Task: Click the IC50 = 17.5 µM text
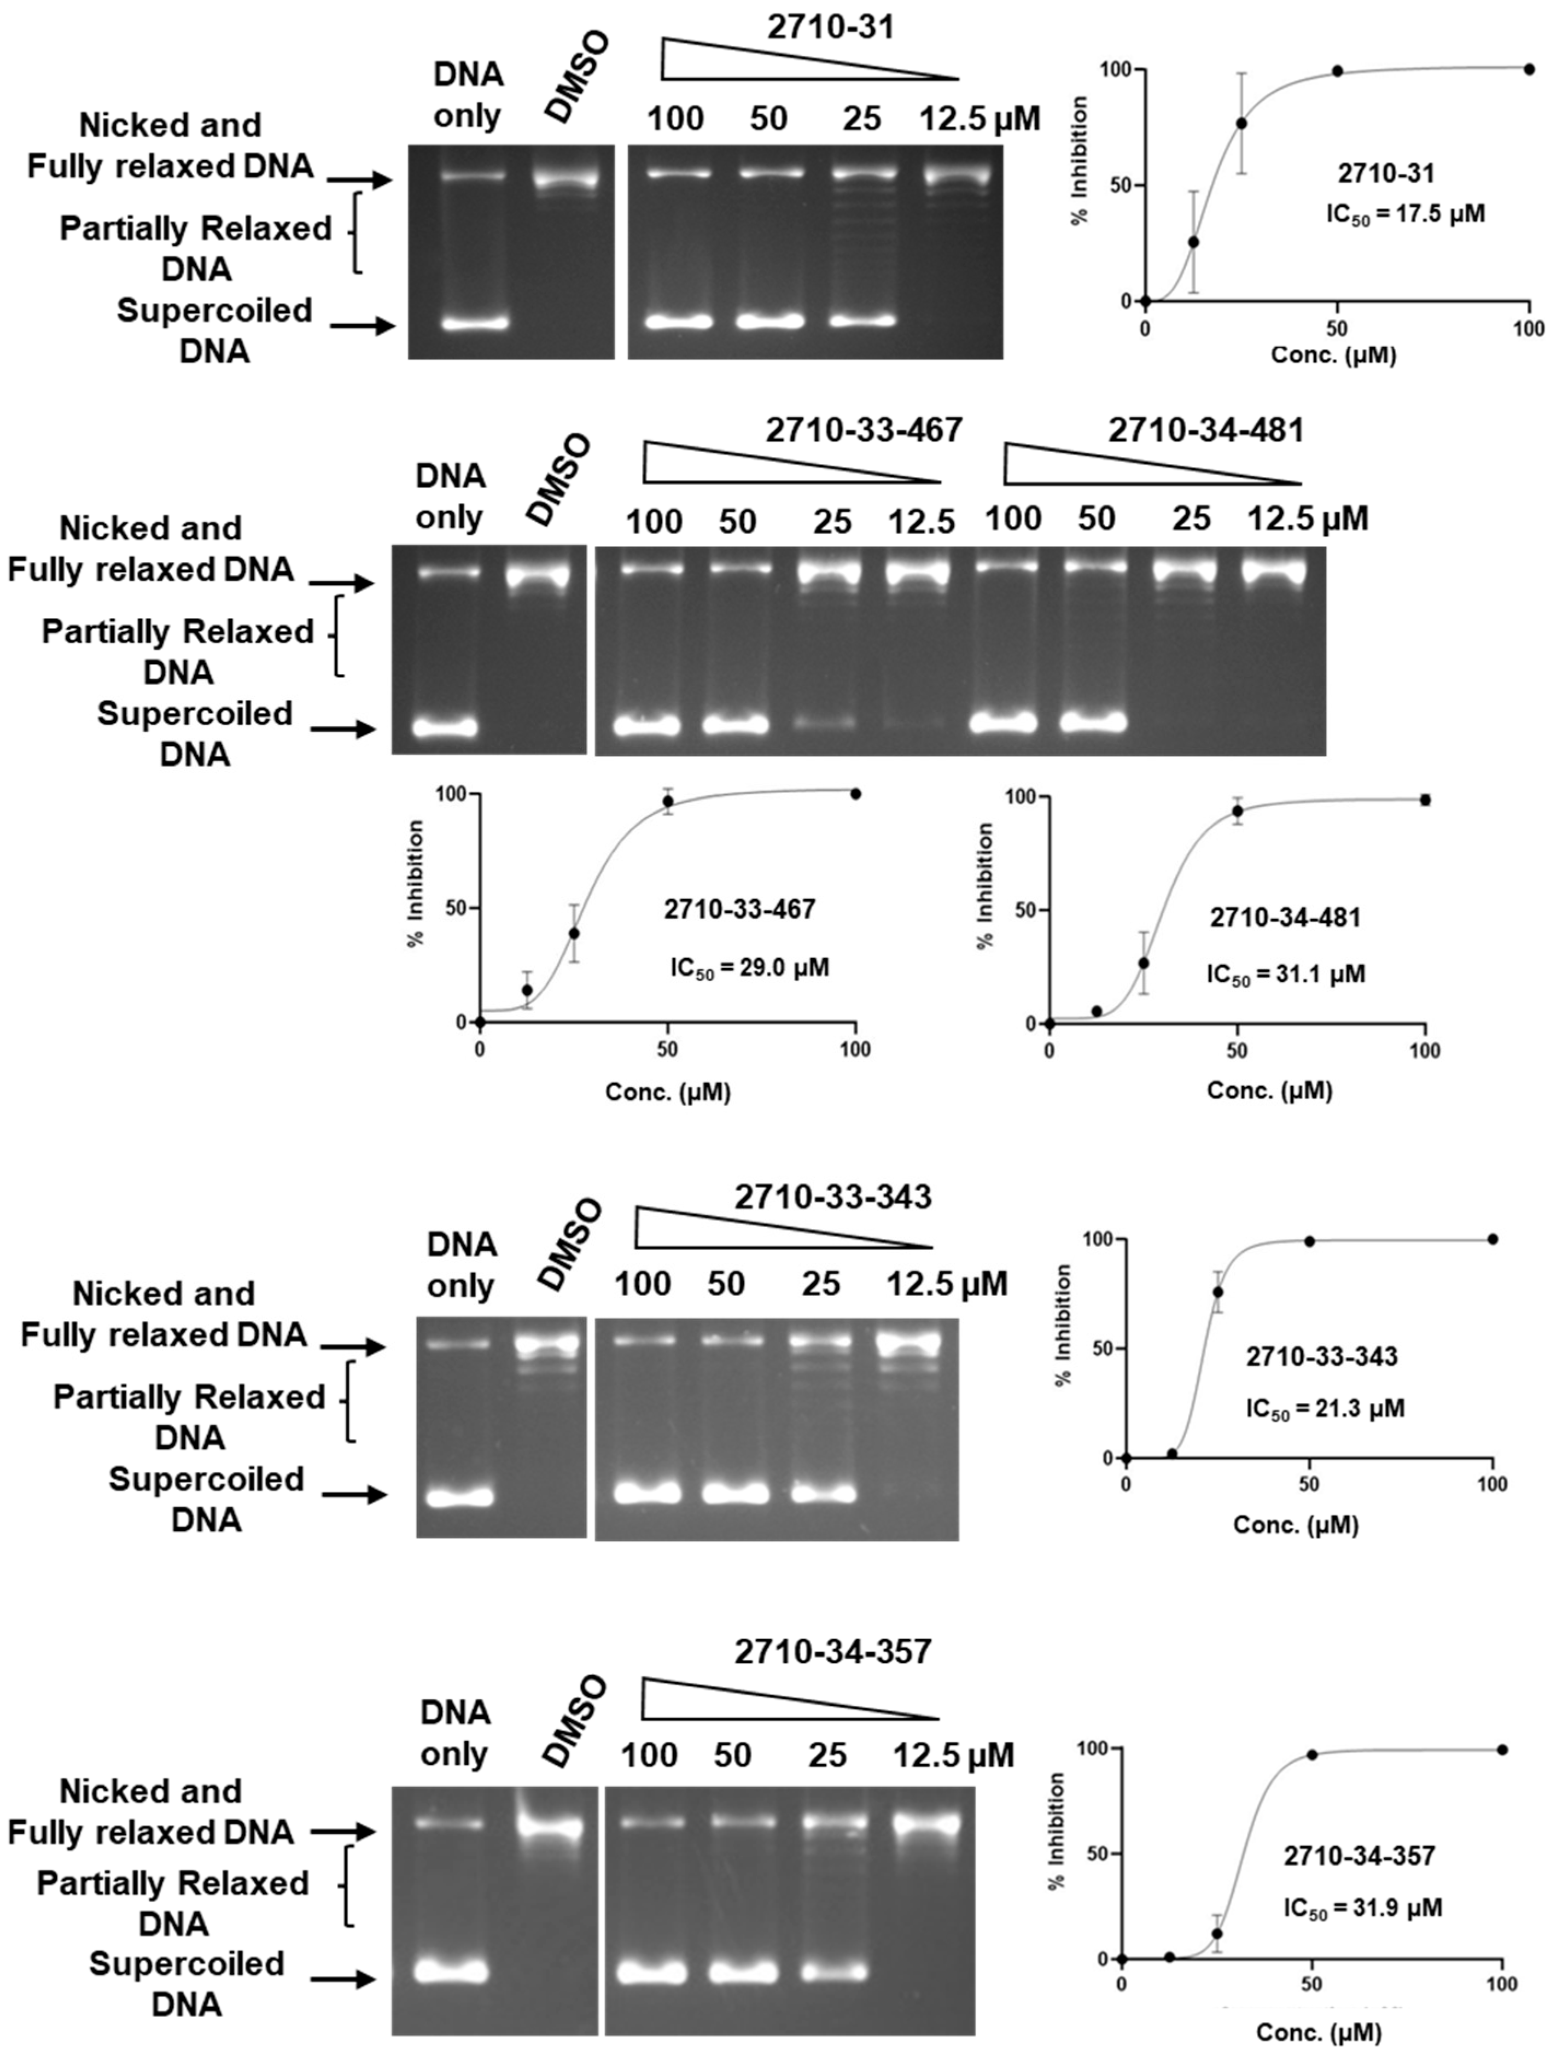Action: [1404, 214]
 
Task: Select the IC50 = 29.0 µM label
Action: [749, 967]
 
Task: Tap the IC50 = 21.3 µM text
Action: [1324, 1408]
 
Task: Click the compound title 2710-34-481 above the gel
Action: [1206, 430]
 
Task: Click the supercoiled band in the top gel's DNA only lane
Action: [475, 324]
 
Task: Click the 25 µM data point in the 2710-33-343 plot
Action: [1218, 1292]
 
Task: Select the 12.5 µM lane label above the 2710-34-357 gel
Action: [953, 1755]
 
